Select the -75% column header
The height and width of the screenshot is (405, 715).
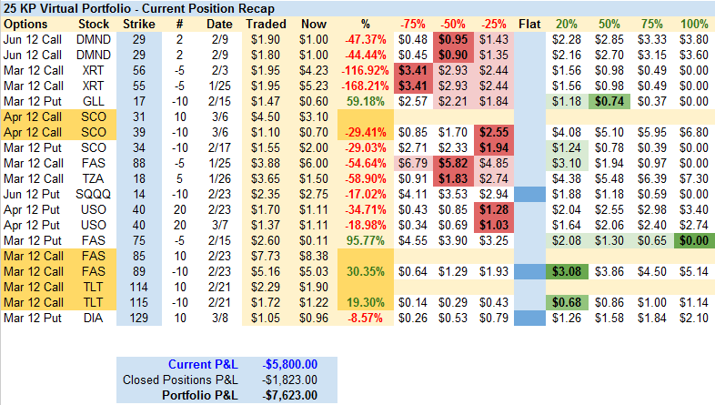point(412,23)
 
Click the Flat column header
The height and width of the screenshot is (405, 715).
point(529,23)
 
